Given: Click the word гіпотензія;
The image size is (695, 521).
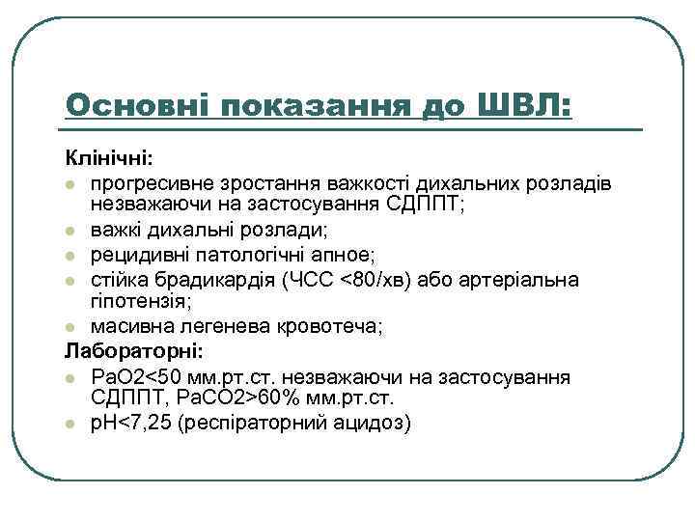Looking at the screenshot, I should click(131, 301).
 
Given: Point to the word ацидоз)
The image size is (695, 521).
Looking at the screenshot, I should click(371, 423).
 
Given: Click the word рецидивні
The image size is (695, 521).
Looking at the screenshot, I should click(134, 255).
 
